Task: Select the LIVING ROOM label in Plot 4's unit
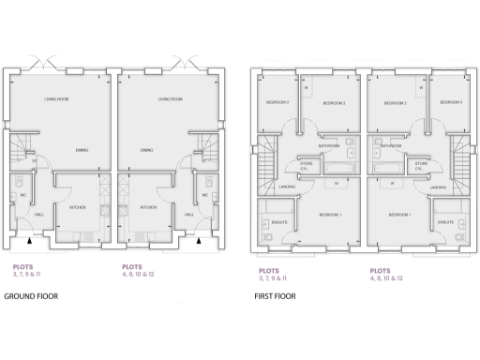(x=170, y=98)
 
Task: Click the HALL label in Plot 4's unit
(x=189, y=215)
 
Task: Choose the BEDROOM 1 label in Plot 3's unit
(x=330, y=215)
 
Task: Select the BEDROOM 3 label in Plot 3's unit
(x=277, y=102)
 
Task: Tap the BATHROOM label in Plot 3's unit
(x=328, y=146)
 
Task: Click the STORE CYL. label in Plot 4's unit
(x=420, y=167)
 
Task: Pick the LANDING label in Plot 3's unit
(x=287, y=187)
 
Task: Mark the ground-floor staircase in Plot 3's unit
(x=19, y=147)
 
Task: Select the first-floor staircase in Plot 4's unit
(x=460, y=156)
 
